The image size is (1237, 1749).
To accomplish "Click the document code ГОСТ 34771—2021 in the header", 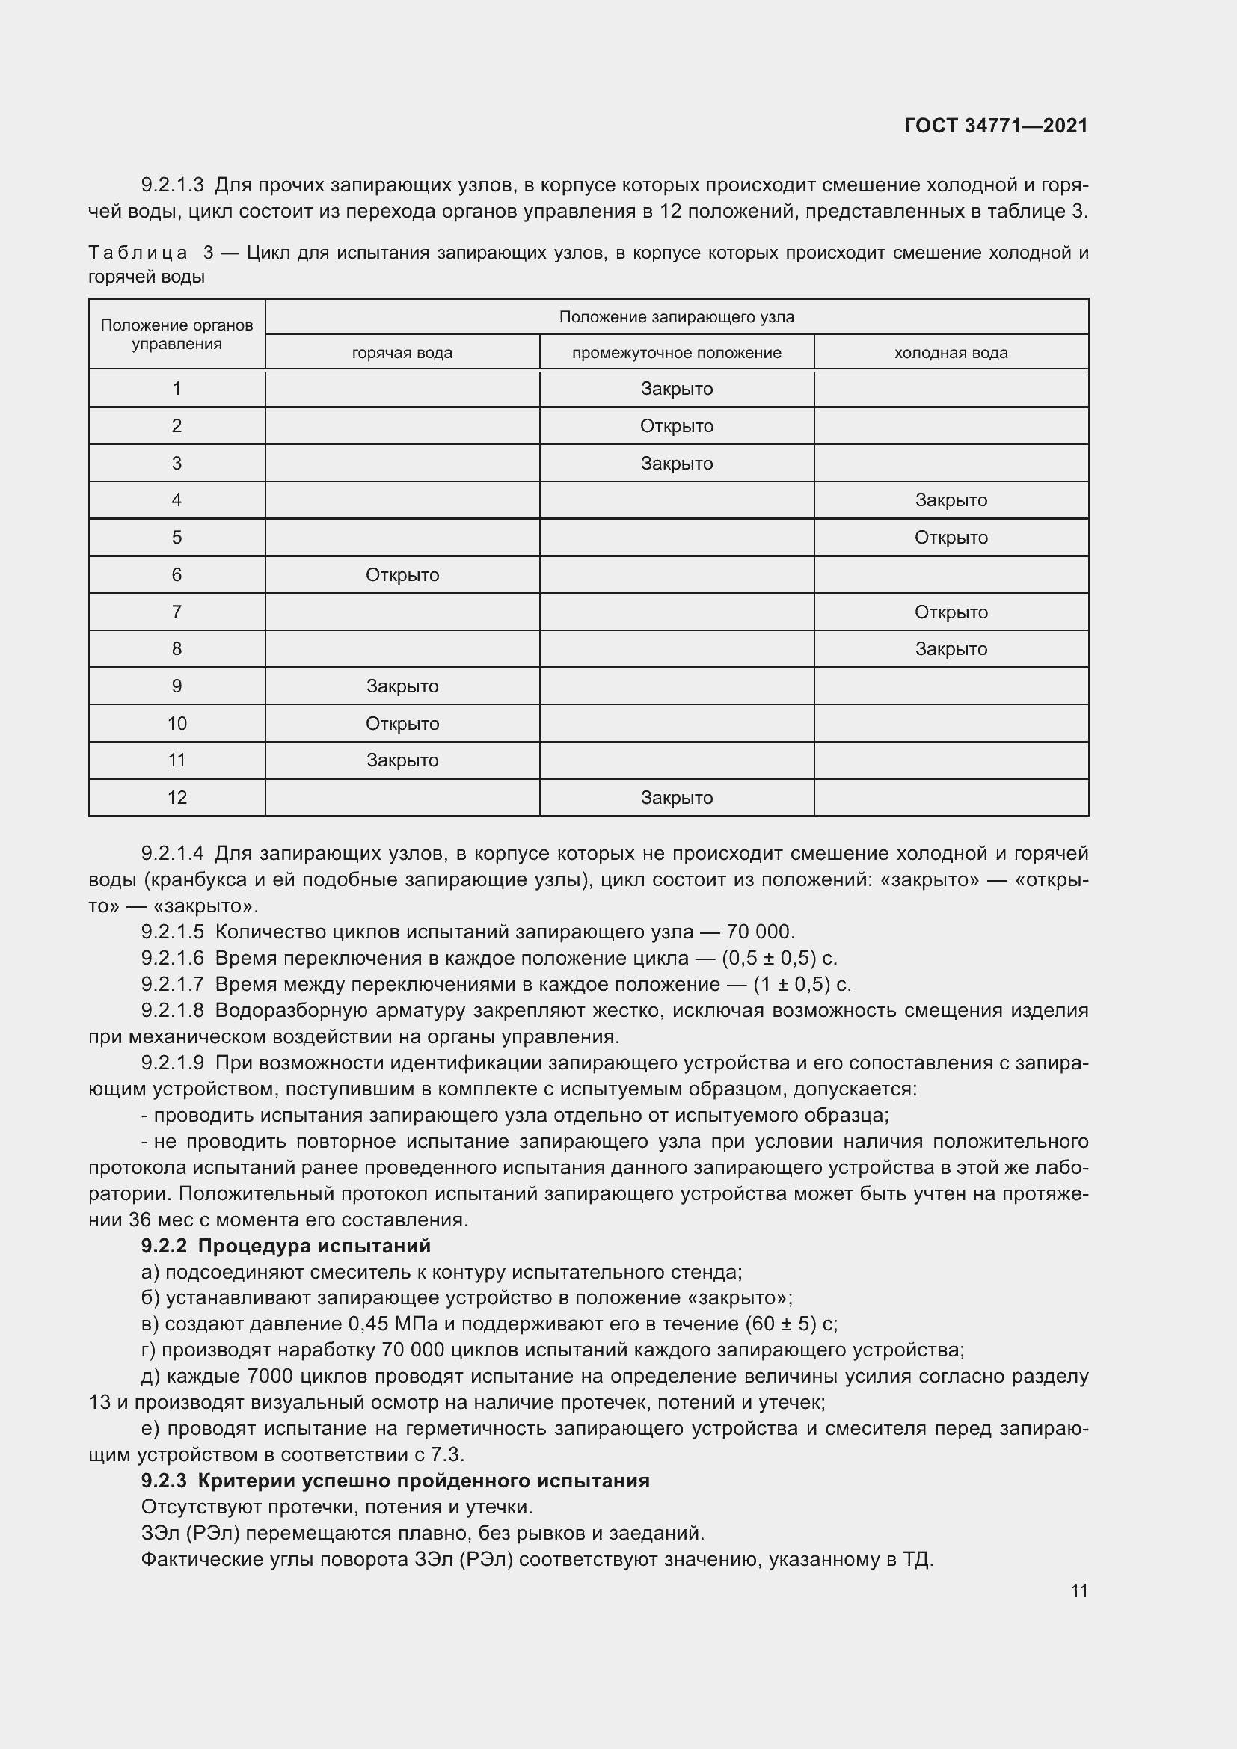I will (995, 126).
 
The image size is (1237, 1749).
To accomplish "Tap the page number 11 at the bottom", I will (1078, 1590).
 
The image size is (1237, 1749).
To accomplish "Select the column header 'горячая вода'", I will (402, 353).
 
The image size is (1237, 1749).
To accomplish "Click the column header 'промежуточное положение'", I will (676, 353).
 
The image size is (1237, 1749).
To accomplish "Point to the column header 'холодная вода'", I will (951, 353).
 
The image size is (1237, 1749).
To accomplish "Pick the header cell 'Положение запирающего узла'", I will (676, 317).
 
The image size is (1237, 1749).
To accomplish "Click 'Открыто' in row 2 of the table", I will (676, 425).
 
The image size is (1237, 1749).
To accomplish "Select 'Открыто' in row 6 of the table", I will (402, 575).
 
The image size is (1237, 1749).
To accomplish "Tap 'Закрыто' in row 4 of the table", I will (951, 500).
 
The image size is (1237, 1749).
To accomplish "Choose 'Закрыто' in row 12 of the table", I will (676, 798).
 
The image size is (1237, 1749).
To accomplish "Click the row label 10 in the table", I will (177, 724).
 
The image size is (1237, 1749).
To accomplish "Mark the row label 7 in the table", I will (177, 612).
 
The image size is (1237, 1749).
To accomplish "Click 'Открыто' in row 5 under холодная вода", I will (951, 538).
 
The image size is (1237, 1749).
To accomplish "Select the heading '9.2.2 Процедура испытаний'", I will (286, 1246).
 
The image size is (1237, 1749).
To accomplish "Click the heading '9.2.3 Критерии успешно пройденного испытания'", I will (396, 1480).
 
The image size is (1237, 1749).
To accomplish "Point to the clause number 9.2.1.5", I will (172, 932).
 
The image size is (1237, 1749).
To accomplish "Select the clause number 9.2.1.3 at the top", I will (172, 185).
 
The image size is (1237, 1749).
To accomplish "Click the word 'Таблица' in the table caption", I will (138, 253).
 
